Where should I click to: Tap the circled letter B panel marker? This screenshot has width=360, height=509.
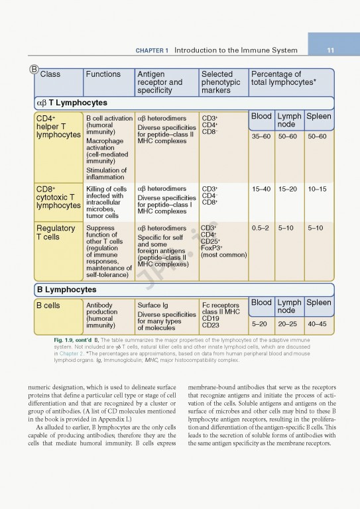[x=34, y=69]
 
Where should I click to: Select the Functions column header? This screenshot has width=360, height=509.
[x=103, y=74]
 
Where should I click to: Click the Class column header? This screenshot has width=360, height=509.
[x=50, y=74]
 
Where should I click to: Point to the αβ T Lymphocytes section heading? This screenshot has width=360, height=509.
[x=71, y=103]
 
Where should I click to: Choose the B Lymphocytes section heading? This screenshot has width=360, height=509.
[x=66, y=290]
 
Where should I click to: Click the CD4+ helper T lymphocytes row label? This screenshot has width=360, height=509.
[x=58, y=126]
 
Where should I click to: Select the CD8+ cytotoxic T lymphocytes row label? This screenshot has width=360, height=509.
[x=58, y=197]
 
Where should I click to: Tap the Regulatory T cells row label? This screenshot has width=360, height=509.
[x=56, y=233]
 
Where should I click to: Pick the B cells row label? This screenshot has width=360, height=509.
[x=48, y=306]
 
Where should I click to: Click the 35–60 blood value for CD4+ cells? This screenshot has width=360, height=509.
[x=261, y=137]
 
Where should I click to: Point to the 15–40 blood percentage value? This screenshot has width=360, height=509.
[x=261, y=189]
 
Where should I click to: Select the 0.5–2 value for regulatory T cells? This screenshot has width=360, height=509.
[x=261, y=228]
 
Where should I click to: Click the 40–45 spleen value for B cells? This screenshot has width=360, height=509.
[x=317, y=324]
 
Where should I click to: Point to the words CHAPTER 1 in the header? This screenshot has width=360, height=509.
[x=152, y=50]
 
